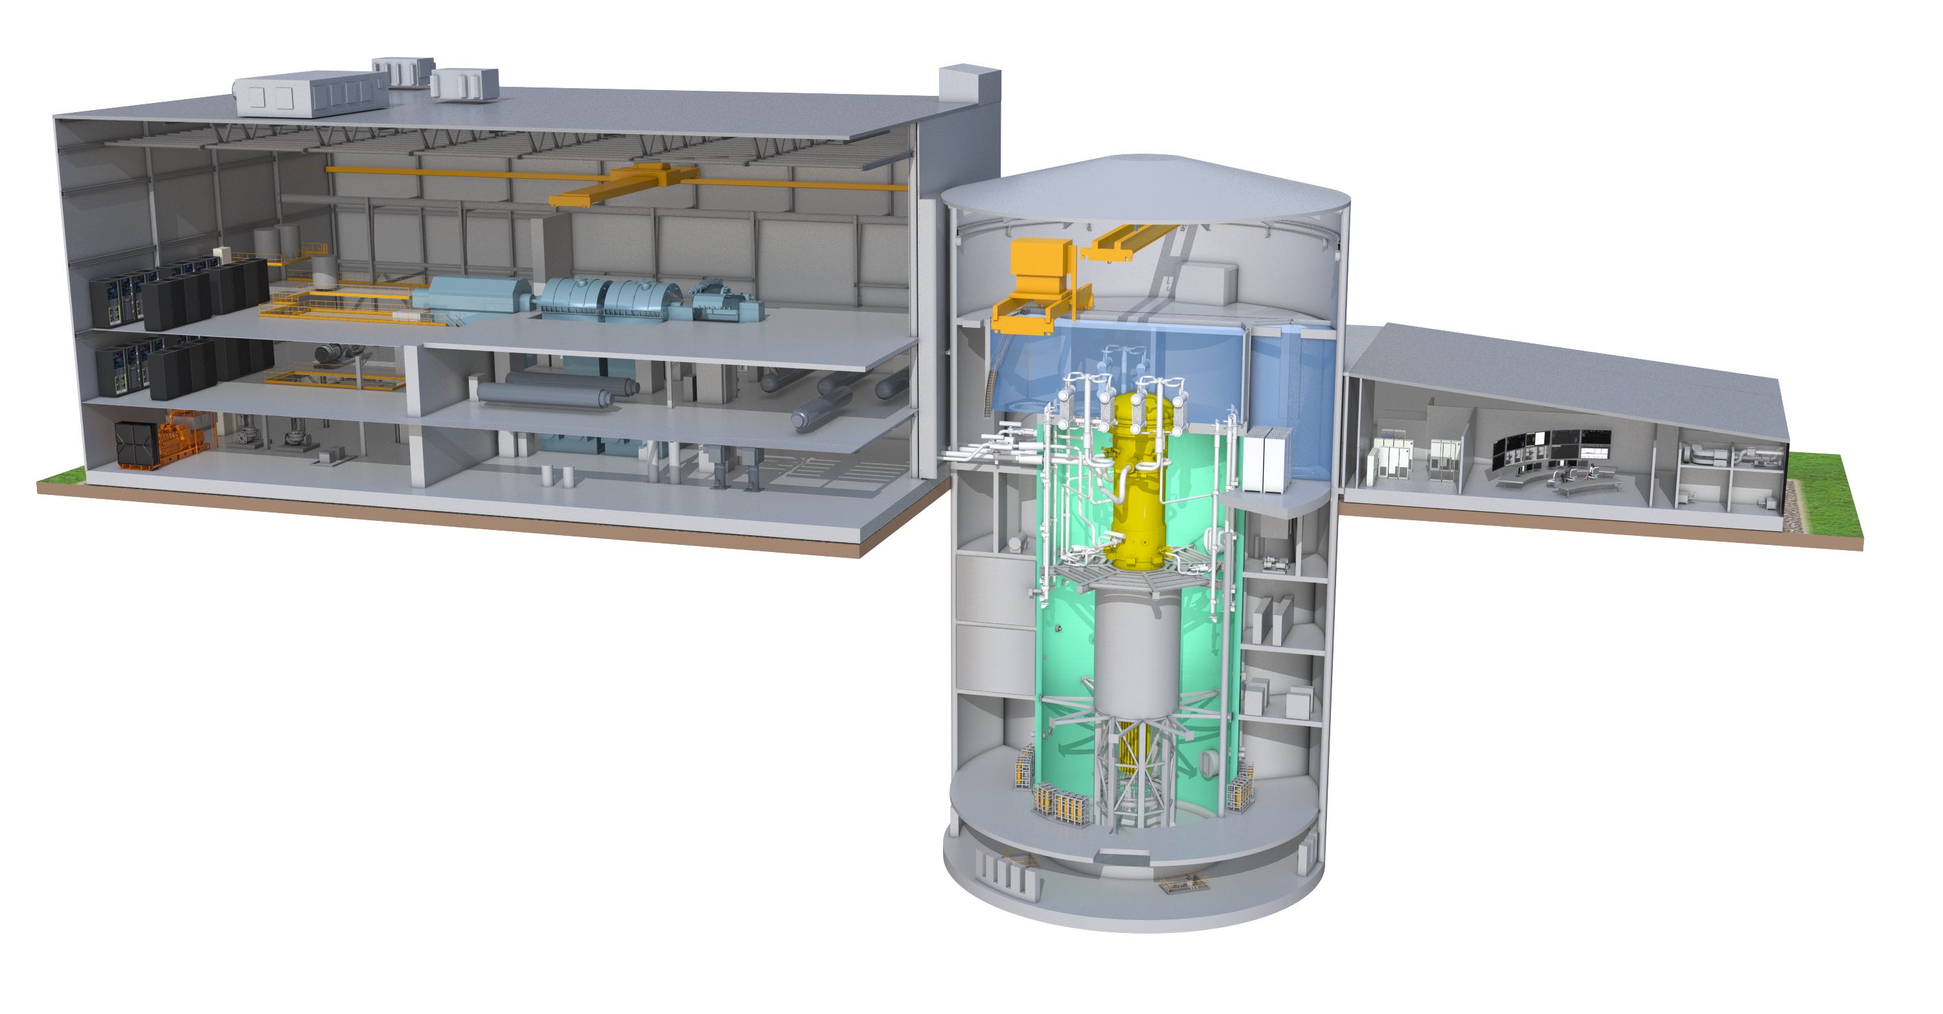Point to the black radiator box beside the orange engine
pos(136,444)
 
